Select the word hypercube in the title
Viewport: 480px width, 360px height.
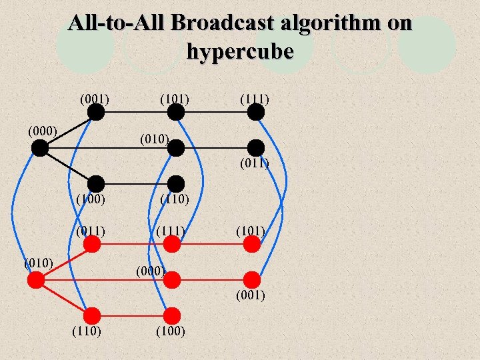(240, 51)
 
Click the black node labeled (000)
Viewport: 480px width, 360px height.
(40, 148)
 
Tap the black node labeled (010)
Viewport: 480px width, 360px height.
(175, 148)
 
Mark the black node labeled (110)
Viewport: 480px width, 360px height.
(175, 183)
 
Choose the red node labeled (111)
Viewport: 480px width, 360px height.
(172, 244)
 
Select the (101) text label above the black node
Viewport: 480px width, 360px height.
(174, 99)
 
